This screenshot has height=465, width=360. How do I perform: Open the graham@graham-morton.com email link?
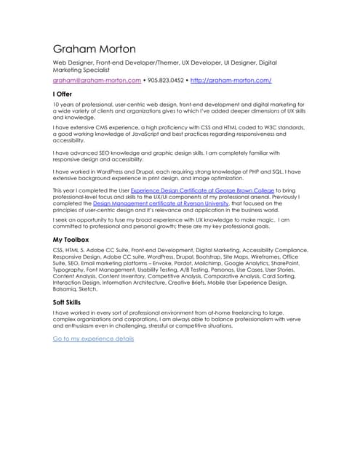coord(97,80)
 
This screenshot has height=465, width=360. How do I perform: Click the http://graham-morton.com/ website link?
coord(231,80)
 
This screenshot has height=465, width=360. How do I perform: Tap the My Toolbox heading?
coord(71,239)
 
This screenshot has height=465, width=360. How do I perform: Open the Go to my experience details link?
coord(93,338)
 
